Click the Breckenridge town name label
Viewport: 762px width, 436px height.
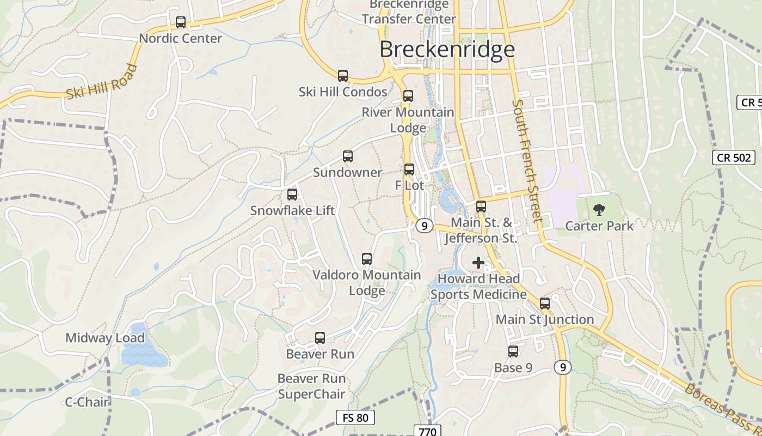click(447, 49)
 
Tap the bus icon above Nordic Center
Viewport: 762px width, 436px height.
click(181, 22)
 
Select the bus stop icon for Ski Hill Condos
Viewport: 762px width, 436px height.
click(342, 76)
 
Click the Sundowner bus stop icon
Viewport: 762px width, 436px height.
click(347, 156)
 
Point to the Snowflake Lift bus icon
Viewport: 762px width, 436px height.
click(292, 195)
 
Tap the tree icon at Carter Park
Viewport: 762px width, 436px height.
click(599, 209)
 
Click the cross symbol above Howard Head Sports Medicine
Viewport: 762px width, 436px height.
click(478, 263)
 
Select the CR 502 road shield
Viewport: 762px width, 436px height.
click(734, 158)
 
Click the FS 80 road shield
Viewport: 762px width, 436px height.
click(355, 418)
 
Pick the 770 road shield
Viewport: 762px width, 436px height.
click(427, 431)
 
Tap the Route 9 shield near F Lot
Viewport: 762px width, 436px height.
click(424, 225)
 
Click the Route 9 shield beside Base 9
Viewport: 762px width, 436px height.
click(563, 367)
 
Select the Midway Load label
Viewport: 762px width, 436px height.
click(105, 338)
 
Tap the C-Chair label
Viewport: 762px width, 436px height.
click(87, 402)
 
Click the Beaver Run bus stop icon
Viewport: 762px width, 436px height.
click(320, 338)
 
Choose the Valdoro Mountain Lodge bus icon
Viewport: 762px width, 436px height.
click(367, 259)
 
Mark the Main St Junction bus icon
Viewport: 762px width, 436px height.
click(545, 304)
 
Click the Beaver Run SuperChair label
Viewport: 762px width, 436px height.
click(311, 386)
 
